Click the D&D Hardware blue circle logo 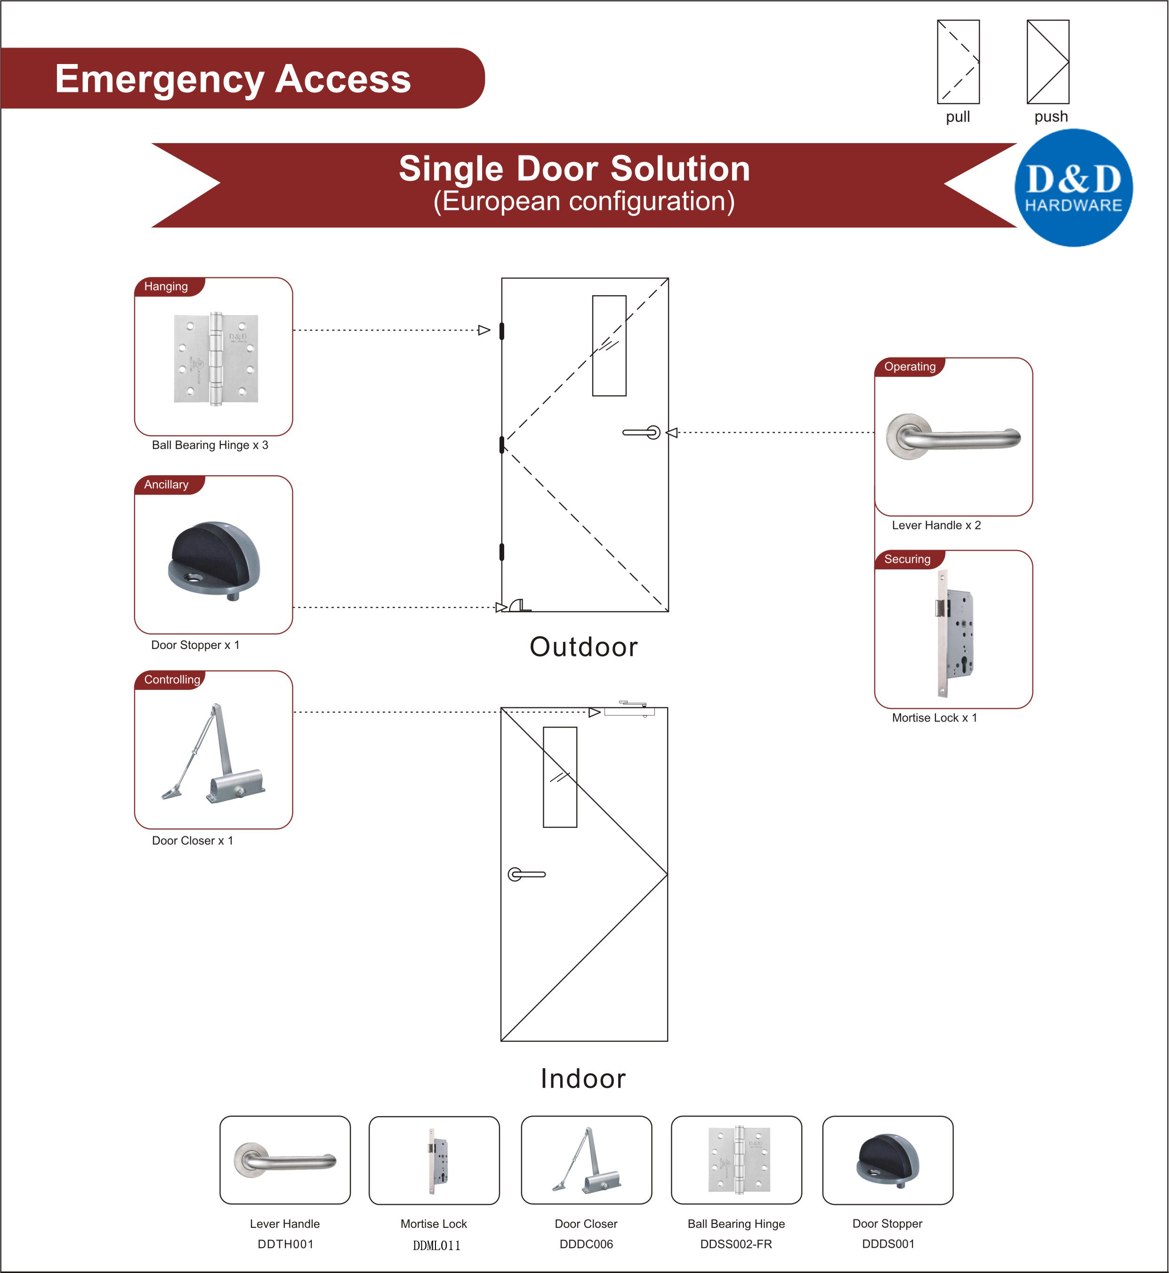pos(1073,188)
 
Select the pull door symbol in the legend pos(958,62)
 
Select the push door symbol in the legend pos(1048,62)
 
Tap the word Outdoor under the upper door pos(583,647)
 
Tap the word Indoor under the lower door pos(583,1078)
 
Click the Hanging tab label pos(166,287)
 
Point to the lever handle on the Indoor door pos(526,875)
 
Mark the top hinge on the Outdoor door pos(501,330)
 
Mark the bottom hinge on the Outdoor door pos(501,551)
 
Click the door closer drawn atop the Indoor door pos(629,710)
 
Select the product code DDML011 pos(436,1245)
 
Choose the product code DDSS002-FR pos(736,1244)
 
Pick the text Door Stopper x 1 pos(195,645)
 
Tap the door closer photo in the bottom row pos(587,1160)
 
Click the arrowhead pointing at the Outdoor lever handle pos(672,433)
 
